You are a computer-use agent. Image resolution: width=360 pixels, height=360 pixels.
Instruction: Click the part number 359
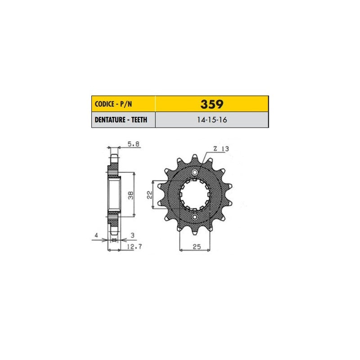[211, 104]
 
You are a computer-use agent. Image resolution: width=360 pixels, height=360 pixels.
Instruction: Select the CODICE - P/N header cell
[123, 104]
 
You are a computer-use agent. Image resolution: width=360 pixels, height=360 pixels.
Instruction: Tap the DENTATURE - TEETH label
[121, 120]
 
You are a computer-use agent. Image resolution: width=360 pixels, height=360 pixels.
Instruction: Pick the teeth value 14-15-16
[212, 120]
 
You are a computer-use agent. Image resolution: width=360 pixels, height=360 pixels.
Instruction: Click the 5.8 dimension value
[133, 144]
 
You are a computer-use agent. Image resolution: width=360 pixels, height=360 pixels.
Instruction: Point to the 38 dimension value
[130, 195]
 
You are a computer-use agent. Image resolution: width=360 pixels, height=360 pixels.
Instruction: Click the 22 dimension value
[149, 195]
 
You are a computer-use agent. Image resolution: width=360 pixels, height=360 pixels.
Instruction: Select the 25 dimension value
[197, 247]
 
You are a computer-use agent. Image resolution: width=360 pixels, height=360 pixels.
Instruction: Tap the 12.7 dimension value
[134, 247]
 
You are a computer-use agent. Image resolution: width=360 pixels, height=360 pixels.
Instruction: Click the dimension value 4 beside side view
[96, 235]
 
